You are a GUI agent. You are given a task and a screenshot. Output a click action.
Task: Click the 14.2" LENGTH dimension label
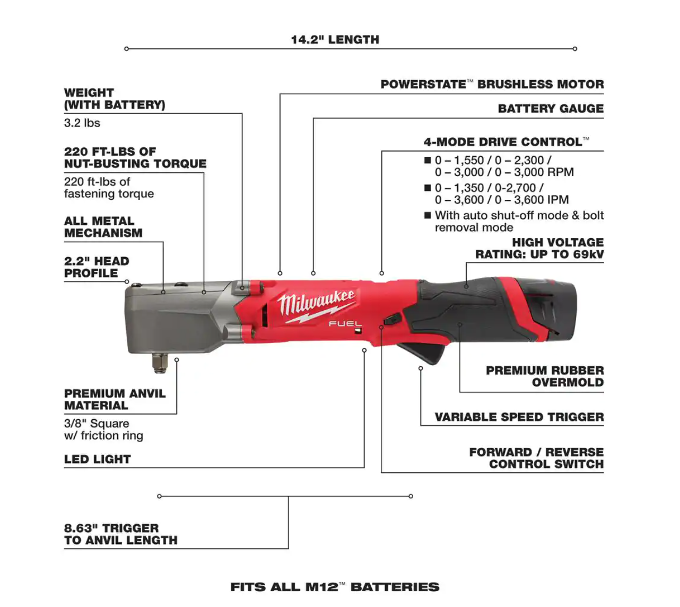(x=335, y=40)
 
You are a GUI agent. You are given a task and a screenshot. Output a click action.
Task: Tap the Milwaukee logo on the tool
(x=316, y=306)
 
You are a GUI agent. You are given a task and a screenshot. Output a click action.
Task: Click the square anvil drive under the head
(x=160, y=363)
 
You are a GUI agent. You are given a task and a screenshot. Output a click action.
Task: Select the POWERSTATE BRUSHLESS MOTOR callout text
(x=492, y=84)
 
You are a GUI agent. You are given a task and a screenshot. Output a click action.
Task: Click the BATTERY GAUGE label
(x=551, y=109)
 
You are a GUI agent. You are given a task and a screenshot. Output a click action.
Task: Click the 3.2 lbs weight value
(x=82, y=123)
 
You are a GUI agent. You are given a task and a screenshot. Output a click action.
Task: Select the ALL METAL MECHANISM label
(x=103, y=227)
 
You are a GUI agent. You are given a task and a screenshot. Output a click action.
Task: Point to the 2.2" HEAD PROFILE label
(x=97, y=267)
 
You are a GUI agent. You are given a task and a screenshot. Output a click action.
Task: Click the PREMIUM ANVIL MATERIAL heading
(x=115, y=399)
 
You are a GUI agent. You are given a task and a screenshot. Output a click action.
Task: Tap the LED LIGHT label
(x=98, y=460)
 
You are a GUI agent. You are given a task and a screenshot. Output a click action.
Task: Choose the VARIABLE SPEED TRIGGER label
(x=519, y=417)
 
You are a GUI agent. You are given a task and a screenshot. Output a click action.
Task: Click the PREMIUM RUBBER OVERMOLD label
(x=545, y=376)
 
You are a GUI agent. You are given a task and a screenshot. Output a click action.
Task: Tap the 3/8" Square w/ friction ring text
(x=103, y=429)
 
